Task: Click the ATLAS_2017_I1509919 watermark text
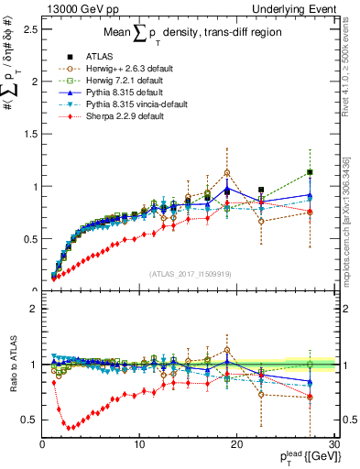pyautogui.click(x=190, y=272)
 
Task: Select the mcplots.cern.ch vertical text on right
pyautogui.click(x=350, y=220)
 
